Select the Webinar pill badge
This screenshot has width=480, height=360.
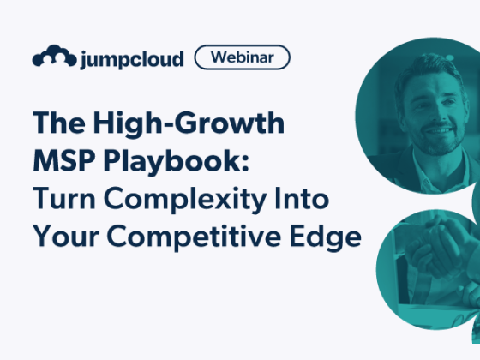pos(243,57)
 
